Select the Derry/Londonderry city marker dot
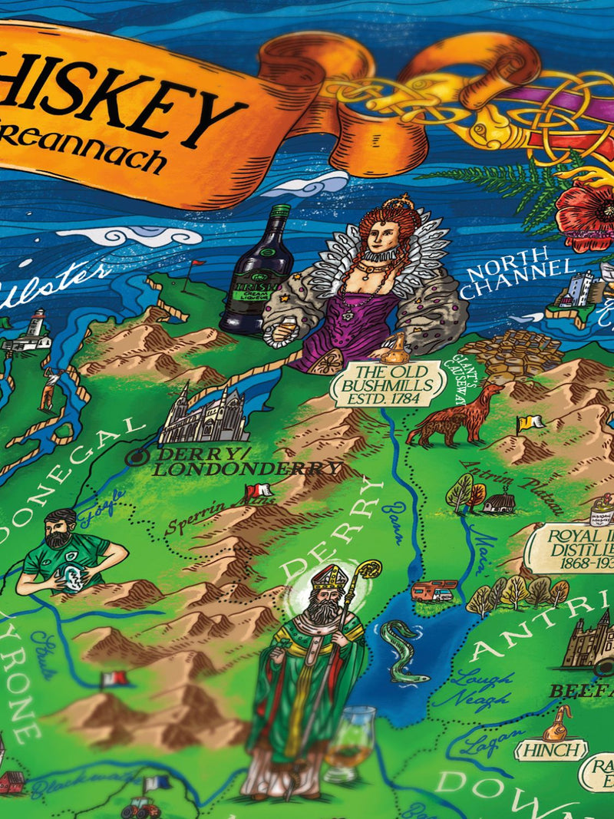tap(137, 457)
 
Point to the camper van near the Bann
tap(434, 590)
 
